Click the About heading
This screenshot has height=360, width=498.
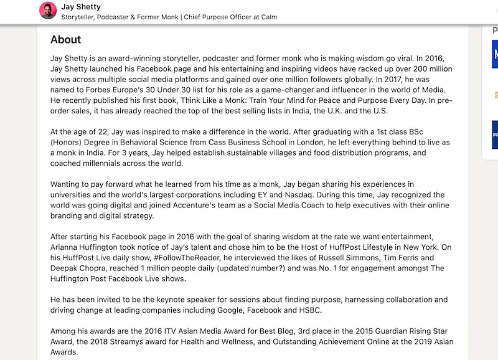point(65,40)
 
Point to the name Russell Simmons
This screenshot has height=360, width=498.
point(323,258)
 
